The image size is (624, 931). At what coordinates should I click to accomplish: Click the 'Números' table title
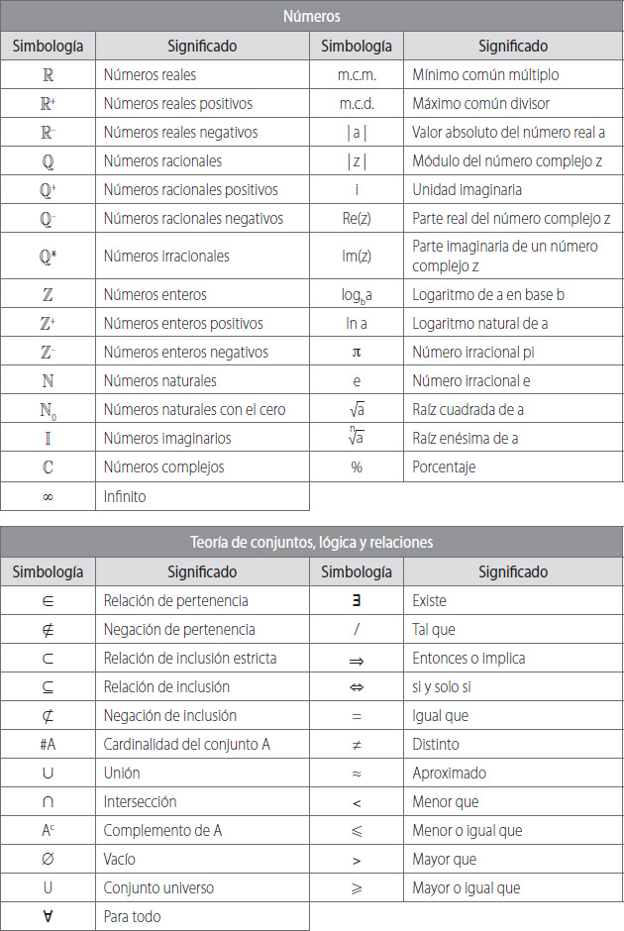click(312, 17)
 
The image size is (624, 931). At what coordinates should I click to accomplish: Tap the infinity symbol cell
click(48, 496)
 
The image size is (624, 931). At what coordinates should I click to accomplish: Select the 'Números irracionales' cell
click(166, 256)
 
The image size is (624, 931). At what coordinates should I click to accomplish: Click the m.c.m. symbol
click(357, 74)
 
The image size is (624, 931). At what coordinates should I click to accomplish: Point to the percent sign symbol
click(357, 466)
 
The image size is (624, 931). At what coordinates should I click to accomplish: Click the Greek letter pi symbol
click(357, 352)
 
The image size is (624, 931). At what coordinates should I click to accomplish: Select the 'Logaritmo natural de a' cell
click(480, 323)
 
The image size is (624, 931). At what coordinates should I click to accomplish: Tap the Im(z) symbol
click(357, 256)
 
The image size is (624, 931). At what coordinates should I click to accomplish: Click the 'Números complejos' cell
click(163, 466)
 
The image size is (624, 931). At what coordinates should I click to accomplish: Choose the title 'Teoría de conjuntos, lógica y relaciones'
click(312, 543)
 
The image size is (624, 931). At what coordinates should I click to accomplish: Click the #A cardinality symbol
click(48, 744)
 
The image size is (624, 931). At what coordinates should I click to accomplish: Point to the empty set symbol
click(48, 859)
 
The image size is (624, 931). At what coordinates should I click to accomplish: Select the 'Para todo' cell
click(132, 916)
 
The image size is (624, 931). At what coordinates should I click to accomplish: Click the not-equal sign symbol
click(357, 744)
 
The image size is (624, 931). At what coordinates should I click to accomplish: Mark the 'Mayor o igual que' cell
click(466, 887)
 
